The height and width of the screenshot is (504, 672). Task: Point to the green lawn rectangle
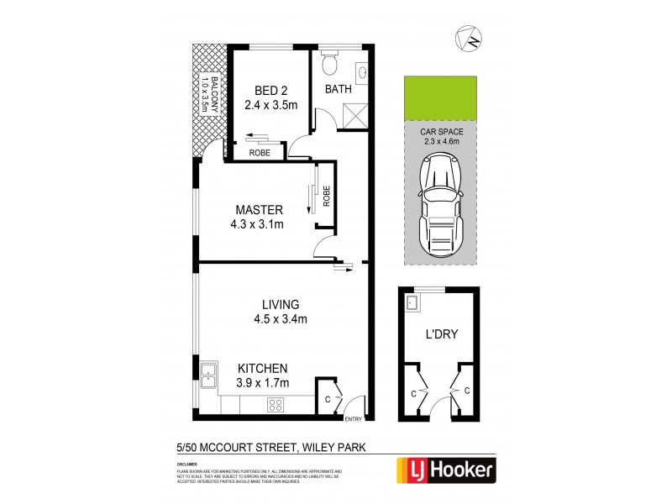(x=441, y=98)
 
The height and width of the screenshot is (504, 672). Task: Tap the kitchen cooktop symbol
(x=275, y=404)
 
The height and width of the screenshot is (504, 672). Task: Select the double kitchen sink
(x=207, y=379)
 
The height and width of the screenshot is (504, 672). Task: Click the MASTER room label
(x=259, y=209)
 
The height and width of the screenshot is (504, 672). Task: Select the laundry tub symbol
(x=413, y=303)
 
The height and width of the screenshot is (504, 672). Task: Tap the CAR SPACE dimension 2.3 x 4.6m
(x=441, y=142)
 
